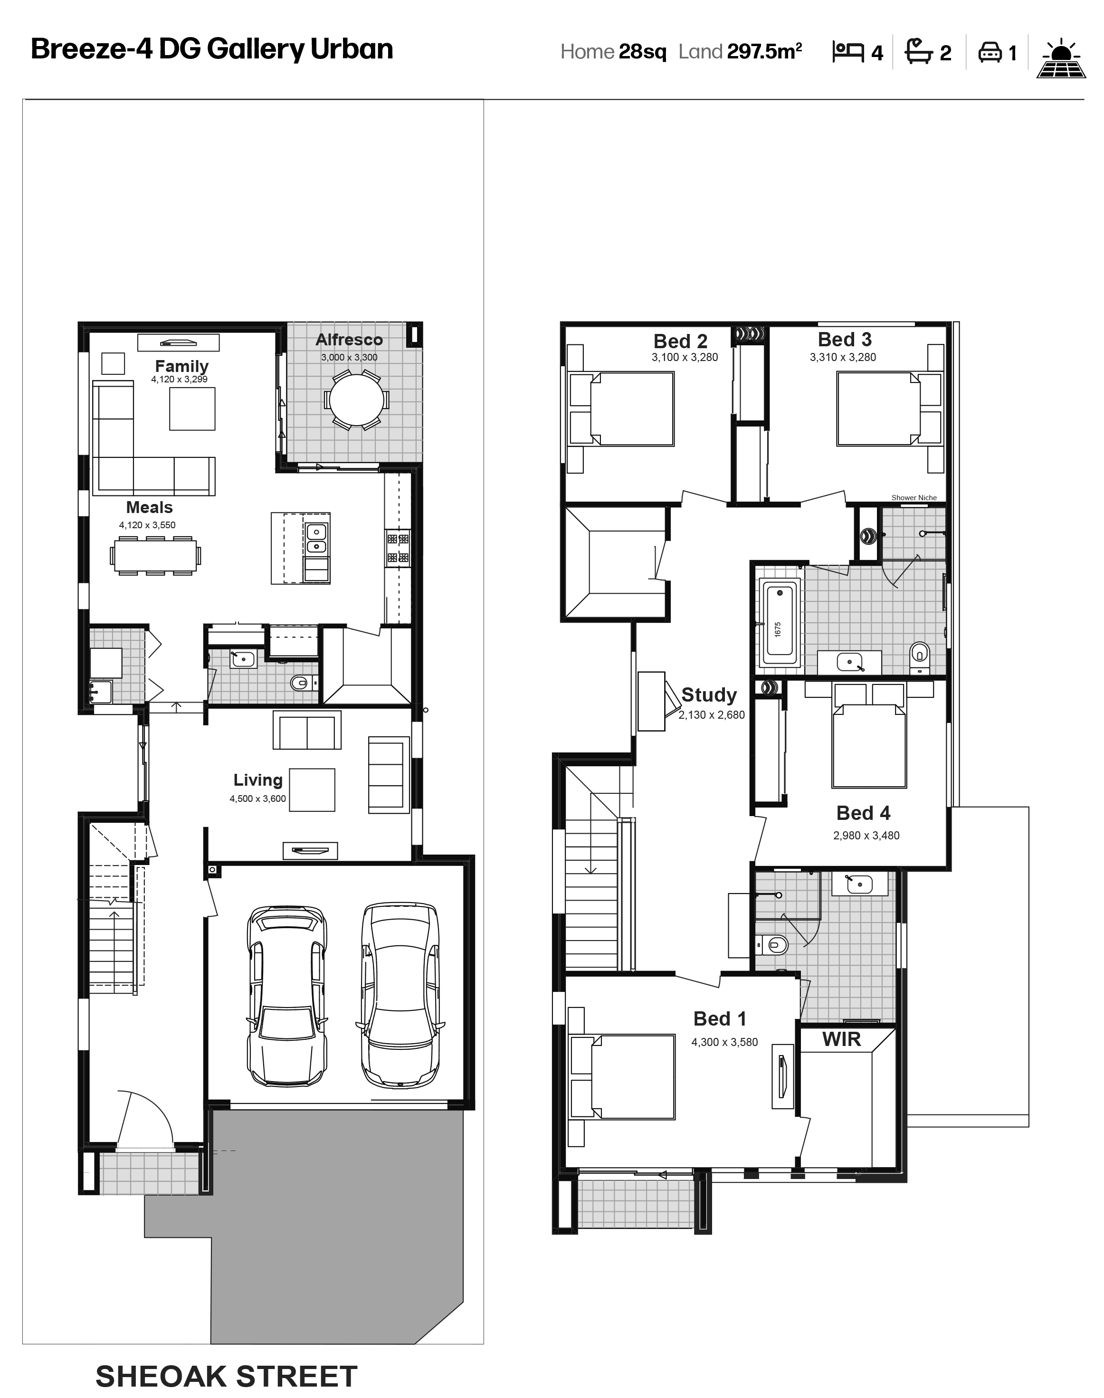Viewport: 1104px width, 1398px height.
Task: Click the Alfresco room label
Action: [x=349, y=340]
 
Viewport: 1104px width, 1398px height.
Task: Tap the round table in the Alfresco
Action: [x=356, y=400]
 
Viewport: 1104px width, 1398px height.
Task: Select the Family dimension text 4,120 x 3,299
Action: [x=179, y=380]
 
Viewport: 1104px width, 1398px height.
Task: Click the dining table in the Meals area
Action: [x=155, y=555]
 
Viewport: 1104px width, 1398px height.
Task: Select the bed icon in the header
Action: [x=848, y=52]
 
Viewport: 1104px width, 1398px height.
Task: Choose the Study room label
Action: [x=709, y=695]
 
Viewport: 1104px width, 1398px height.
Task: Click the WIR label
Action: [x=842, y=1039]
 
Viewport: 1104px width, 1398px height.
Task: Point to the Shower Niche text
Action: [x=914, y=498]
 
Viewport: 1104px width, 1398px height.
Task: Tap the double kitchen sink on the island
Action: [x=316, y=539]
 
